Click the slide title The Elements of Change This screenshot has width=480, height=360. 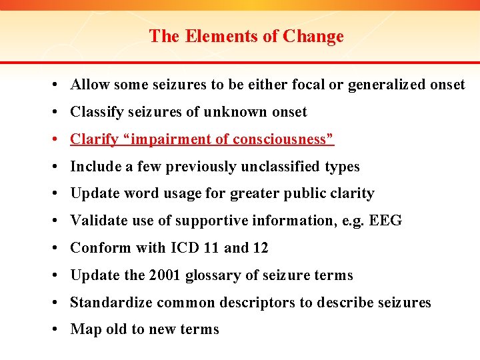(246, 36)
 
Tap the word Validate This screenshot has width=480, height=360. (97, 221)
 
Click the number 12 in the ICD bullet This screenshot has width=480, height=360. (261, 248)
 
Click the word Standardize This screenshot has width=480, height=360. (111, 303)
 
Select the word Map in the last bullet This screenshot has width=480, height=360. (85, 329)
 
